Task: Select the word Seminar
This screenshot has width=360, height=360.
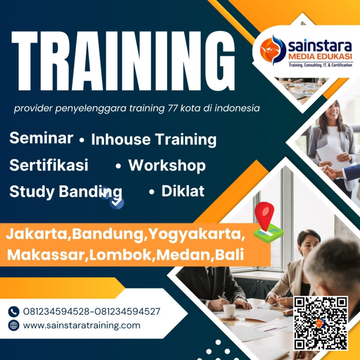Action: coord(41,138)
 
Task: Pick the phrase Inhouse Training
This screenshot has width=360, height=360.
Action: coord(153,139)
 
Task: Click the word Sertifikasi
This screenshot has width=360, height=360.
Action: coord(49,165)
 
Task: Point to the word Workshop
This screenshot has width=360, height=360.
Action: coord(167,166)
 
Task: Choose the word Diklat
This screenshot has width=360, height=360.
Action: coord(183,191)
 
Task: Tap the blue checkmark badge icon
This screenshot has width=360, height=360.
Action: coord(117,202)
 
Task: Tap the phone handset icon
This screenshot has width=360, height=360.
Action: coord(14,311)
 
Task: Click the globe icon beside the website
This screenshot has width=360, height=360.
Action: coord(14,325)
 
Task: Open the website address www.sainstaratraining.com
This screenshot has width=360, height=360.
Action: coord(81,325)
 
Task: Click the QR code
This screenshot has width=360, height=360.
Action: coord(321,323)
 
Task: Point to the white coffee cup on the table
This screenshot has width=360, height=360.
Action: coord(229,310)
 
